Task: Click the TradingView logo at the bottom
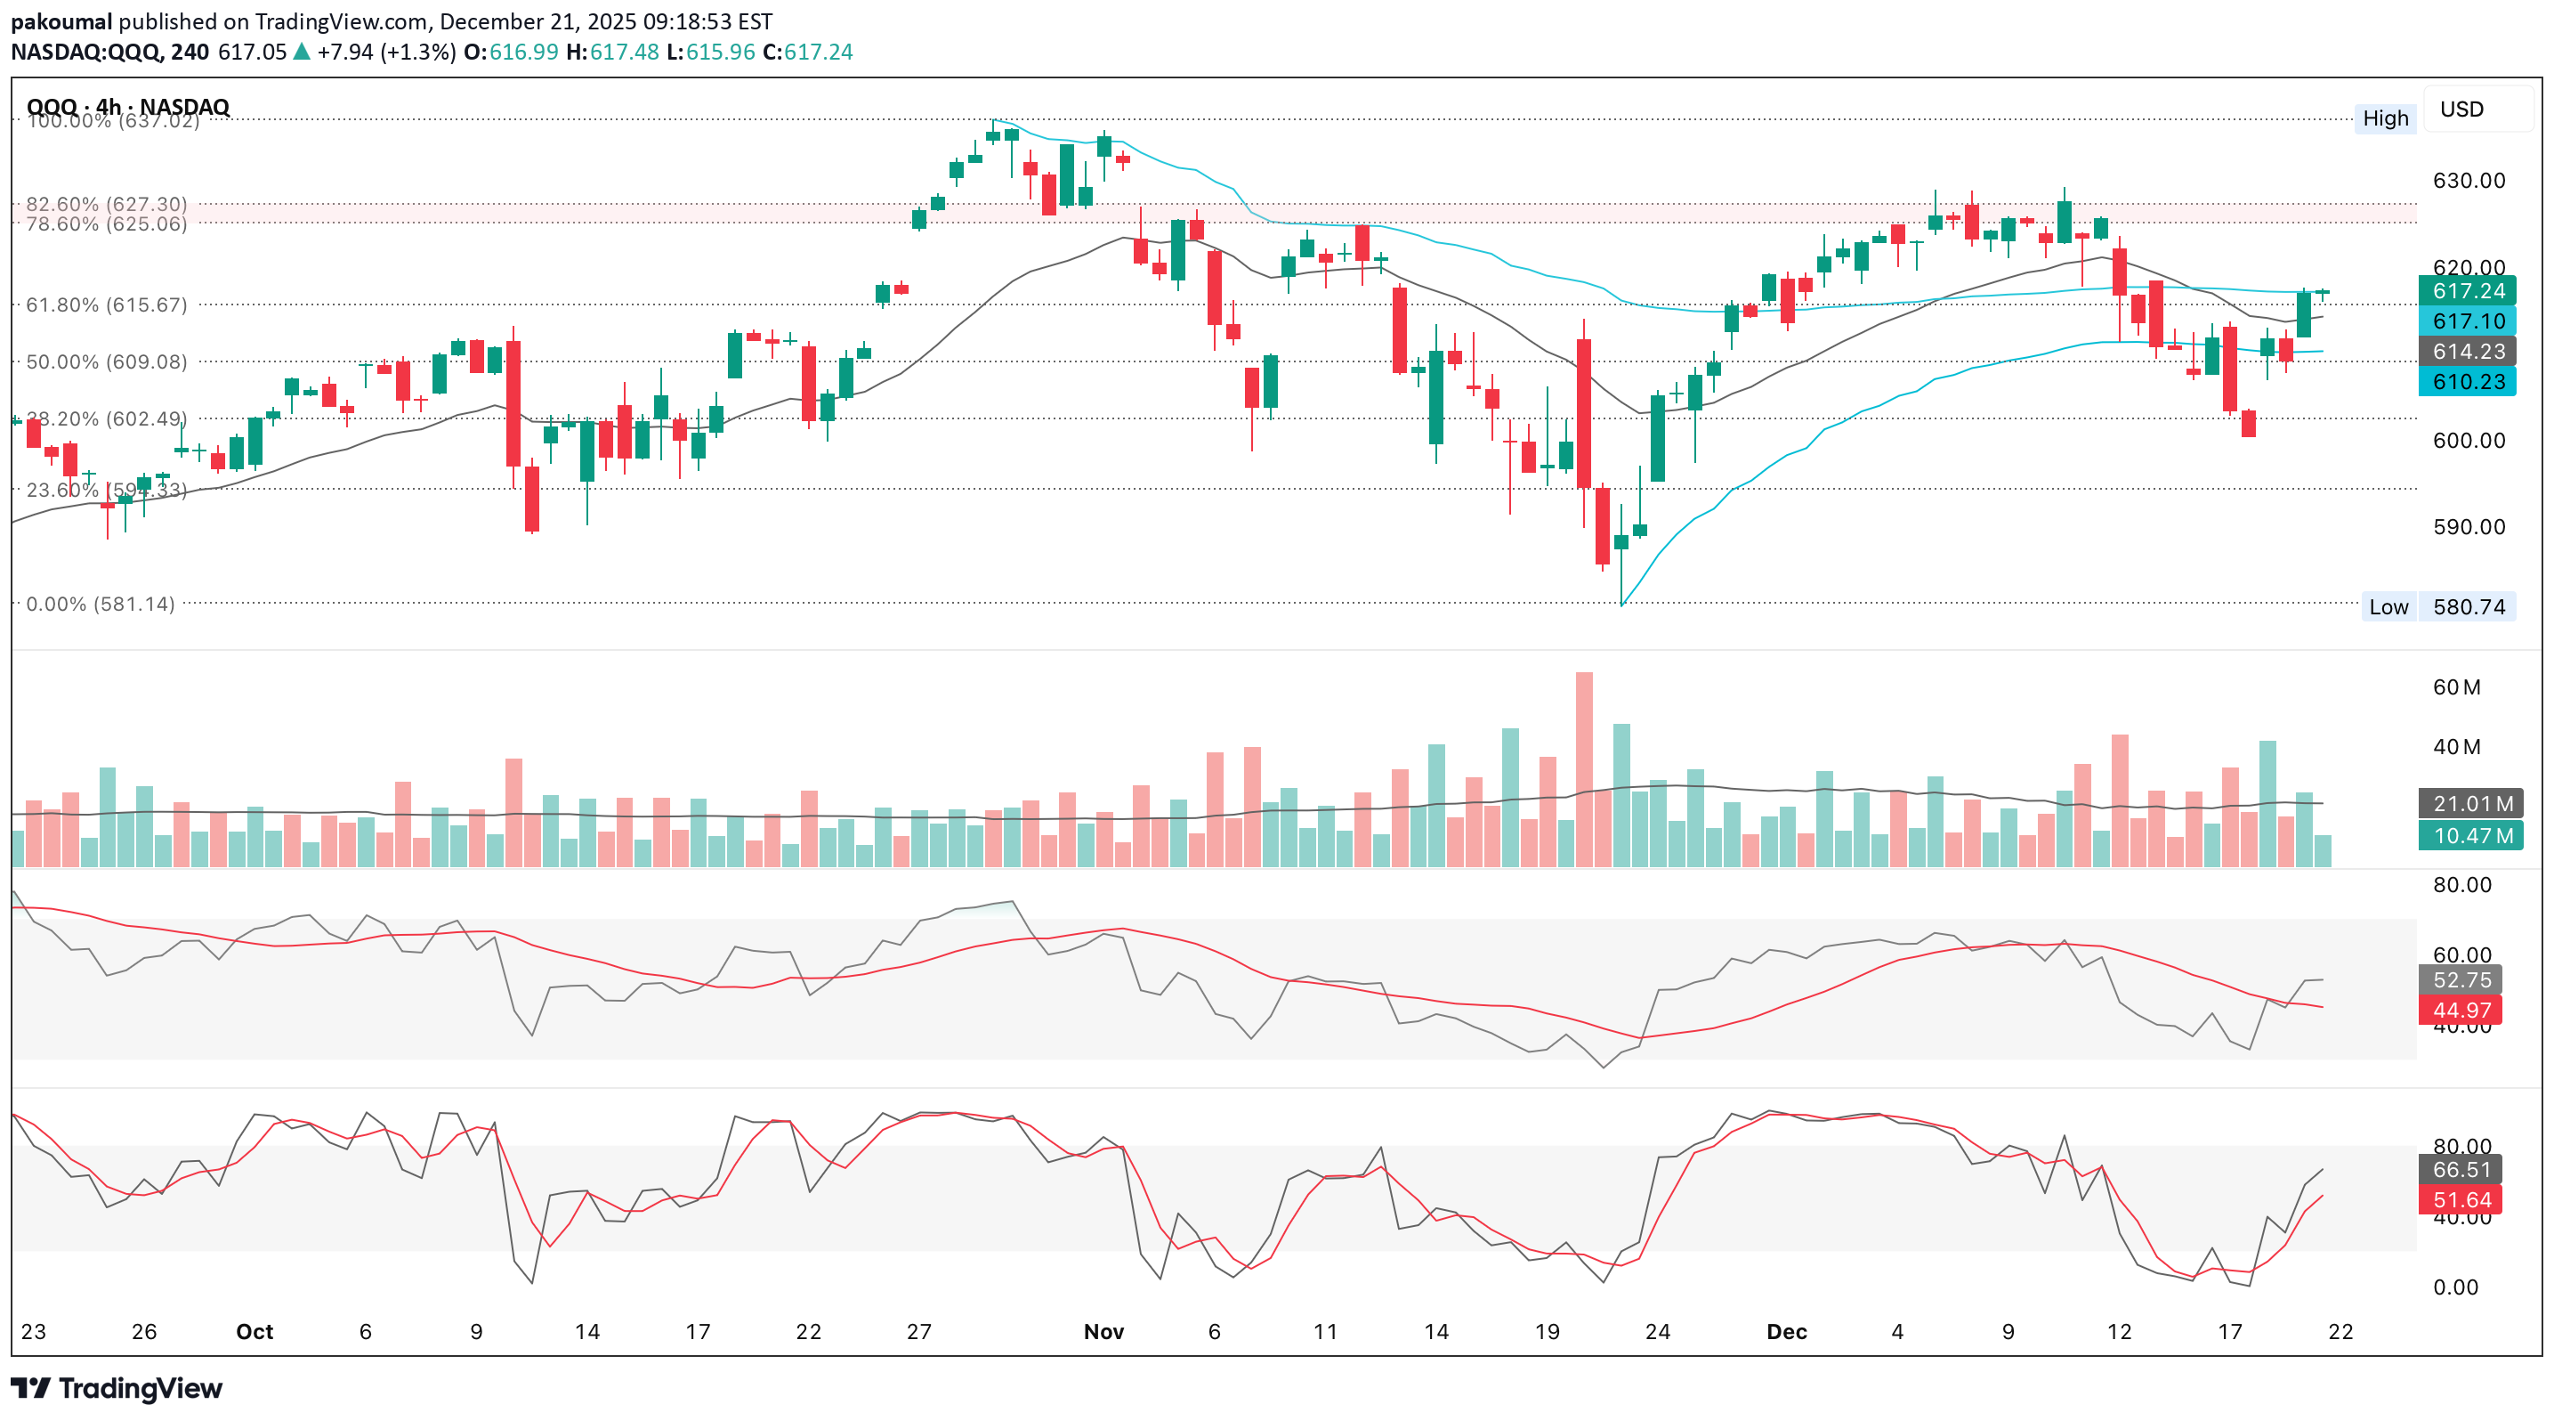click(x=116, y=1388)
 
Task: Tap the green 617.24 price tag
click(x=2467, y=290)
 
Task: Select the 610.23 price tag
click(x=2467, y=382)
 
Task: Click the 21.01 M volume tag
click(x=2467, y=804)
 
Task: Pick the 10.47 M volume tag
click(x=2467, y=836)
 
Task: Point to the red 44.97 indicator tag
click(x=2461, y=1011)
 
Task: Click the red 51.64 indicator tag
click(x=2461, y=1200)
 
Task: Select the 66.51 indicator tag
click(x=2461, y=1170)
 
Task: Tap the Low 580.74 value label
click(x=2468, y=607)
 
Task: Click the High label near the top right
click(x=2384, y=119)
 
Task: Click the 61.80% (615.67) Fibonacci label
click(x=106, y=304)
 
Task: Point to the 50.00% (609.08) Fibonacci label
click(x=106, y=362)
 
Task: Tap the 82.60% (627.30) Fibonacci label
click(x=106, y=203)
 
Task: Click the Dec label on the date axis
click(x=1787, y=1332)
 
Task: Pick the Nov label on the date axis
click(x=1103, y=1332)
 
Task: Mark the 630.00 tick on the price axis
click(x=2469, y=181)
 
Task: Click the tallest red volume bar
click(x=1584, y=768)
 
